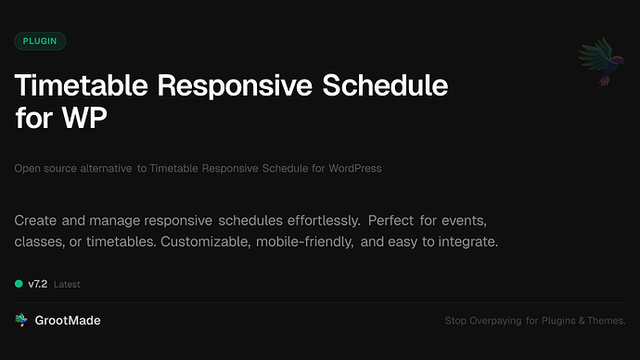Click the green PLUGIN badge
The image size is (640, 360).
coord(40,41)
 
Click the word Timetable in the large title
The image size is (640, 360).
coord(82,86)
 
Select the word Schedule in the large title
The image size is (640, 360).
coord(384,86)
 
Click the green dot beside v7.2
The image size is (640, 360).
coord(19,284)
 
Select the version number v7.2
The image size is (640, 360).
coord(37,284)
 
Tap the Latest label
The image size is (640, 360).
coord(67,284)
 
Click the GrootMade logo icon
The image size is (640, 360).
coord(21,320)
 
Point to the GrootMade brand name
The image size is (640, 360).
coord(68,320)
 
